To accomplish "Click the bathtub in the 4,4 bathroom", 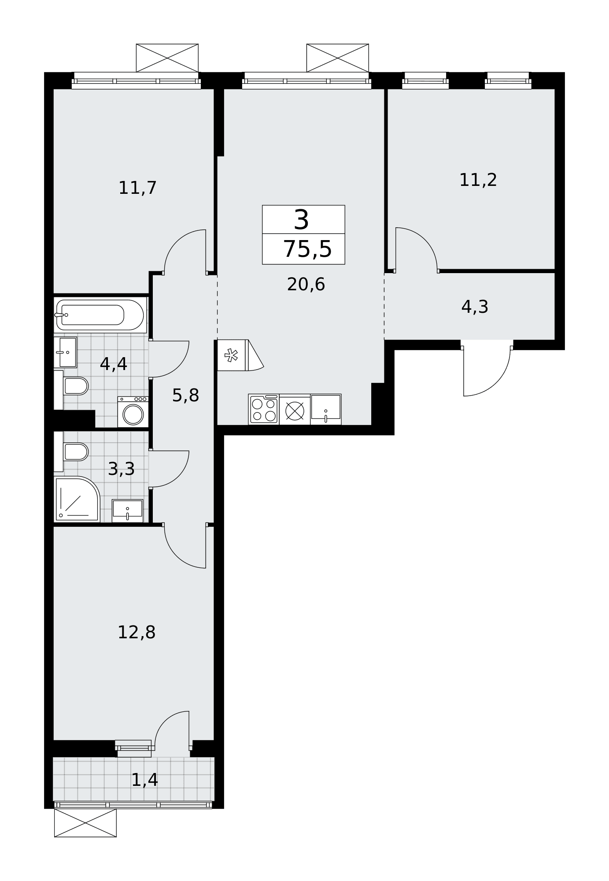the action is (100, 315).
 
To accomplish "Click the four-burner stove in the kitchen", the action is (264, 409).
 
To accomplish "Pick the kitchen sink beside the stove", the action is (326, 409).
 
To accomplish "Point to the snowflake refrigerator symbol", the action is (231, 355).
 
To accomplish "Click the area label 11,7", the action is (138, 188).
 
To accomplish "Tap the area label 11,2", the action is (478, 180).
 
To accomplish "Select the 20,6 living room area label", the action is (306, 285).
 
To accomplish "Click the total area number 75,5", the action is (307, 249).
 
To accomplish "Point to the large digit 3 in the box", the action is (302, 220).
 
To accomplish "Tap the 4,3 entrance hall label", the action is (475, 307).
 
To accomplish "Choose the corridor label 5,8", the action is (185, 396).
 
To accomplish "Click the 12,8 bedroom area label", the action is (137, 633).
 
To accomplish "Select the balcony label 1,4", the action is (144, 780).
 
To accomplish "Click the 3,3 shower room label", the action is (121, 469).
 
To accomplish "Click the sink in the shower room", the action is (127, 511).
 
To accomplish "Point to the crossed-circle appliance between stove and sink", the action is (295, 411).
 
